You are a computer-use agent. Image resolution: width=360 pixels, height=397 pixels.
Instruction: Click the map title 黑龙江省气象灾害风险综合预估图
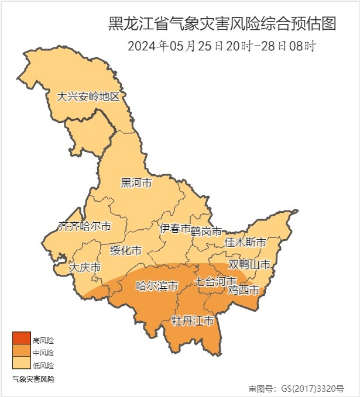point(222,24)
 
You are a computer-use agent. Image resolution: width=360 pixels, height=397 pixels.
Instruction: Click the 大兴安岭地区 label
point(88,97)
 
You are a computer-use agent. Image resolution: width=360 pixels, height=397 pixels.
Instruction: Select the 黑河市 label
point(136,184)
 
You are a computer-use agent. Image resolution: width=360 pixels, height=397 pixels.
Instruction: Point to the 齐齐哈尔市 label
point(84,226)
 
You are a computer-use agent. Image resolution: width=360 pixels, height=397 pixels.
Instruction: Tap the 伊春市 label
point(175,229)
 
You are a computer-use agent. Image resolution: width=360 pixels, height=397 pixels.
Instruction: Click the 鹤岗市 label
point(207,232)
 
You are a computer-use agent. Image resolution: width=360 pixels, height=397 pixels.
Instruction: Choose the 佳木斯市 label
point(246,242)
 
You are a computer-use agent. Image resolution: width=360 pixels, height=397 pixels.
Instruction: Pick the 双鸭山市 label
point(250,265)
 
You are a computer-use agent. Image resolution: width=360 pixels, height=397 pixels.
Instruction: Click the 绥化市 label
point(126,251)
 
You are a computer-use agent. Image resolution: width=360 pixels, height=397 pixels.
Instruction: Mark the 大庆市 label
point(85,268)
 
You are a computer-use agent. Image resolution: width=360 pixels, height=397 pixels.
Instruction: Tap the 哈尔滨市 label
point(157,286)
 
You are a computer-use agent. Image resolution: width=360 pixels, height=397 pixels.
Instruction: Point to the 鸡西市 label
point(243,289)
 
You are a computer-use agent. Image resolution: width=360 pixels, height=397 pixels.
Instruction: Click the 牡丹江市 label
point(192,321)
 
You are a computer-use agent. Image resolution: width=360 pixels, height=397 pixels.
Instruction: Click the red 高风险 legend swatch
point(22,339)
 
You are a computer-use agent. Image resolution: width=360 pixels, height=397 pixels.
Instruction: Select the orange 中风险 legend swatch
point(22,351)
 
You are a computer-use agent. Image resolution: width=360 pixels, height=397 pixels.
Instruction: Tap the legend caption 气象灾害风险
point(33,379)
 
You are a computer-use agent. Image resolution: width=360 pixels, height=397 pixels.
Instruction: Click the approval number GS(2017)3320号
point(296,388)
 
